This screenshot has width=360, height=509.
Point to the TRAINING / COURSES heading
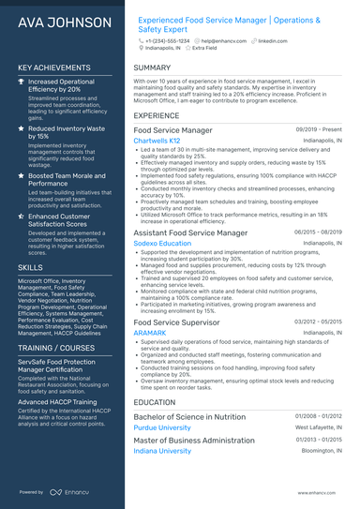pyautogui.click(x=61, y=348)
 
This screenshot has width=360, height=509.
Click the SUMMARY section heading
pyautogui.click(x=152, y=67)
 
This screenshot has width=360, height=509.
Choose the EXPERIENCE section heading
pyautogui.click(x=157, y=115)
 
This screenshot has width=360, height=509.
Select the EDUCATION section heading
pyautogui.click(x=155, y=401)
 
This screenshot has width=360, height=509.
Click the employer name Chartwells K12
pyautogui.click(x=157, y=141)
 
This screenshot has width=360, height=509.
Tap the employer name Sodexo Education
pyautogui.click(x=162, y=243)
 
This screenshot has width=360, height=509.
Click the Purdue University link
pyautogui.click(x=161, y=427)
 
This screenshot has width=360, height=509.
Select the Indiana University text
pyautogui.click(x=161, y=450)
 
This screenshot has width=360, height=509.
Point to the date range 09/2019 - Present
pyautogui.click(x=317, y=129)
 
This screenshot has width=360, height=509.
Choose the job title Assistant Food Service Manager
pyautogui.click(x=190, y=232)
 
